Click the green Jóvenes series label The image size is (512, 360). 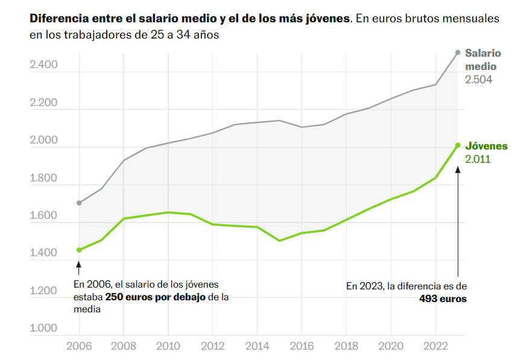pyautogui.click(x=486, y=147)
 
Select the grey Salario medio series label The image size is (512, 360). pyautogui.click(x=482, y=59)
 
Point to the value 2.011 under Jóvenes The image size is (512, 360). pyautogui.click(x=478, y=160)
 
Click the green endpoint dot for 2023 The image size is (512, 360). pyautogui.click(x=458, y=145)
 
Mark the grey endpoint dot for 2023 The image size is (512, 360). pyautogui.click(x=458, y=52)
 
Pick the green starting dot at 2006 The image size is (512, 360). pyautogui.click(x=79, y=250)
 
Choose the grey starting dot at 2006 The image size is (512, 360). pyautogui.click(x=79, y=203)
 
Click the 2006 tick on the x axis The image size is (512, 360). pyautogui.click(x=79, y=347)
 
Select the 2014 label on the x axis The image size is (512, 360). pyautogui.click(x=257, y=347)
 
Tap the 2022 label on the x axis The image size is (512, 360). pyautogui.click(x=435, y=347)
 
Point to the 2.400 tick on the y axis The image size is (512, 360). pyautogui.click(x=43, y=65)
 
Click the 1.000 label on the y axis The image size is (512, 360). pyautogui.click(x=43, y=329)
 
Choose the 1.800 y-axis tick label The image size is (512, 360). pyautogui.click(x=43, y=178)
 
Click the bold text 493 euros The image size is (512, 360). pyautogui.click(x=443, y=298)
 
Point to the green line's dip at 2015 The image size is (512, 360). pyautogui.click(x=279, y=241)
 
